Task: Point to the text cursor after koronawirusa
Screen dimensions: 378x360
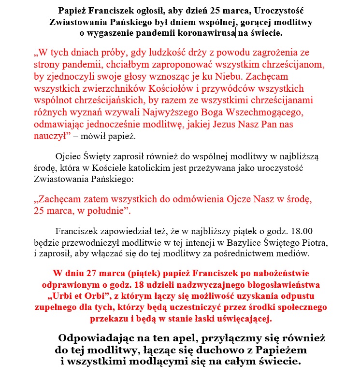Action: click(x=235, y=33)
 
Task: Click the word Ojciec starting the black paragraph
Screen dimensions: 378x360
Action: click(x=69, y=156)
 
